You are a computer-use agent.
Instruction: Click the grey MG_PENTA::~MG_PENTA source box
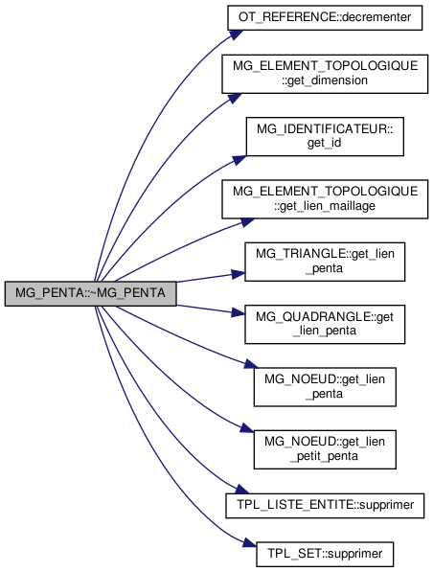pyautogui.click(x=90, y=293)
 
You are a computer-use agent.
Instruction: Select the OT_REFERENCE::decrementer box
pyautogui.click(x=325, y=17)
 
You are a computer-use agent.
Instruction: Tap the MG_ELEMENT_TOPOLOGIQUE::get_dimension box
pyautogui.click(x=325, y=74)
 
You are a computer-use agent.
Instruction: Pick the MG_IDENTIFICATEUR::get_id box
pyautogui.click(x=325, y=136)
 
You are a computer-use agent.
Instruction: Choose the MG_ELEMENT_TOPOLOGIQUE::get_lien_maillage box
pyautogui.click(x=325, y=199)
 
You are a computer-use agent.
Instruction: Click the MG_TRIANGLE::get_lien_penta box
pyautogui.click(x=325, y=262)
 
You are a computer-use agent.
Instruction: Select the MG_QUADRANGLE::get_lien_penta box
pyautogui.click(x=325, y=324)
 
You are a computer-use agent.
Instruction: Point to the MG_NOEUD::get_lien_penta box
pyautogui.click(x=325, y=387)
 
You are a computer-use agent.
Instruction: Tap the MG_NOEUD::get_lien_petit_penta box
pyautogui.click(x=325, y=449)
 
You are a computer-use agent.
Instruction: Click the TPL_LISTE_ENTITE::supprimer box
pyautogui.click(x=325, y=506)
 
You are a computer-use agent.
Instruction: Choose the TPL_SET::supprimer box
pyautogui.click(x=325, y=554)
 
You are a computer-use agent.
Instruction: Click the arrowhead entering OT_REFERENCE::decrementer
pyautogui.click(x=237, y=34)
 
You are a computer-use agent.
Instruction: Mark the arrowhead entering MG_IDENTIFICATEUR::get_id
pyautogui.click(x=239, y=159)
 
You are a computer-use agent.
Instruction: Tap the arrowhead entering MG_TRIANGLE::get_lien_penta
pyautogui.click(x=239, y=274)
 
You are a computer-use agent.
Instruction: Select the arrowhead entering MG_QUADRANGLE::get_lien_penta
pyautogui.click(x=239, y=312)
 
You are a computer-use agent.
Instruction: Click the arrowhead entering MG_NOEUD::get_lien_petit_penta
pyautogui.click(x=247, y=427)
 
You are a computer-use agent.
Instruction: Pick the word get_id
pyautogui.click(x=325, y=143)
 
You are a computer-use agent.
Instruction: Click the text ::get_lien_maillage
pyautogui.click(x=325, y=206)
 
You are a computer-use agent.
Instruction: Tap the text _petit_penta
pyautogui.click(x=325, y=456)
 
